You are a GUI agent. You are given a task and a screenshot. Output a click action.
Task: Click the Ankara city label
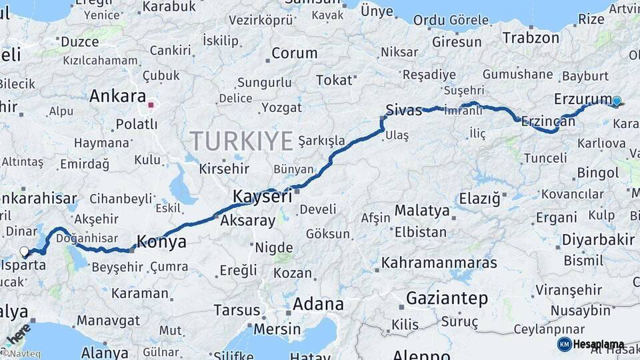point(117,96)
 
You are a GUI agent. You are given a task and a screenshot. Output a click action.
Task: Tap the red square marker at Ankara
point(151,105)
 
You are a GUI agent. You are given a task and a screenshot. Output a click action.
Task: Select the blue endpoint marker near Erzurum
point(617,101)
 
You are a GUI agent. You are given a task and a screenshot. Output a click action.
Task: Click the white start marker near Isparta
point(25,251)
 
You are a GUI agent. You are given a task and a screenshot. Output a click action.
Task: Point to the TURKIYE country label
point(241,141)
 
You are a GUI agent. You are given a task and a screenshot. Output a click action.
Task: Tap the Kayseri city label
point(262,197)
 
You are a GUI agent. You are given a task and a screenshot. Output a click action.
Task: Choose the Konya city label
point(161,242)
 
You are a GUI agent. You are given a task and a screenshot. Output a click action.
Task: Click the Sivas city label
point(403,109)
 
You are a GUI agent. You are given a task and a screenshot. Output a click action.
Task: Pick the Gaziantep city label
point(447,298)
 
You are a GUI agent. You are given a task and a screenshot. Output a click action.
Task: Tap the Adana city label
point(318,305)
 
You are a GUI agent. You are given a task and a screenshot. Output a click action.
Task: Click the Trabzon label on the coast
point(531,37)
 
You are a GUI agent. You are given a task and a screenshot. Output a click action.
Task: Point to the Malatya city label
point(422,211)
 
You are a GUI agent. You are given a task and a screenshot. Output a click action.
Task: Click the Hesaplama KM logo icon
point(564,344)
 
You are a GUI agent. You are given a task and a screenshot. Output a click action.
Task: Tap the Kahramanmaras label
point(439,263)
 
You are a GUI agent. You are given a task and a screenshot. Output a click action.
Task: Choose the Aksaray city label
point(247,221)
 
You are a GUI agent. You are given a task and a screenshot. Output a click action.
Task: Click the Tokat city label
point(333,80)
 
